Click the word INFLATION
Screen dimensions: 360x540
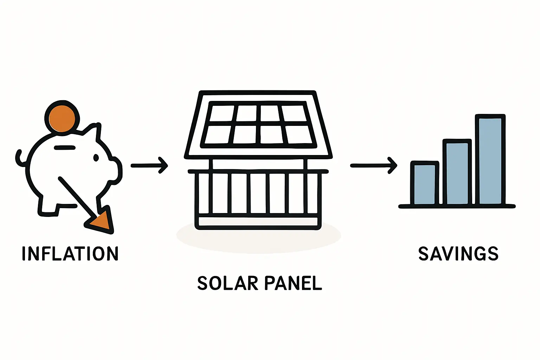click(x=70, y=253)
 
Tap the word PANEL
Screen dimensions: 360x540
click(x=293, y=283)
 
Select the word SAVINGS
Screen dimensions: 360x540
click(x=458, y=253)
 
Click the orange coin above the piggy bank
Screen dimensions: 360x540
click(x=62, y=118)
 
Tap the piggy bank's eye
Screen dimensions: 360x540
click(x=96, y=158)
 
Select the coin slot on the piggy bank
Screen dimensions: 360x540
click(x=65, y=148)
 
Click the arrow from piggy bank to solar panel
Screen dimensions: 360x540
click(x=149, y=165)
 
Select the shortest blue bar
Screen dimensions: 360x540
click(x=425, y=184)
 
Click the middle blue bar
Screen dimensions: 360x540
click(x=457, y=173)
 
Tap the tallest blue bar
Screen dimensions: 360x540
click(x=490, y=160)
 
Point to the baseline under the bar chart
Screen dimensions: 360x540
click(x=457, y=206)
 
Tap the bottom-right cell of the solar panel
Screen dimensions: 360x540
click(x=298, y=135)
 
